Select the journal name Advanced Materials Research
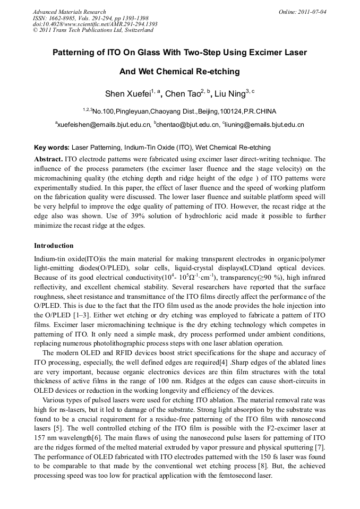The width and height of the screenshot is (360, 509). coord(69,12)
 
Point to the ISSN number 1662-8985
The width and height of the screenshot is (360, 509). coord(63,18)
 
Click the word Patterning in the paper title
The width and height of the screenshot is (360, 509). coord(75,53)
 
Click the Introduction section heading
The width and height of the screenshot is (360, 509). coord(54,246)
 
